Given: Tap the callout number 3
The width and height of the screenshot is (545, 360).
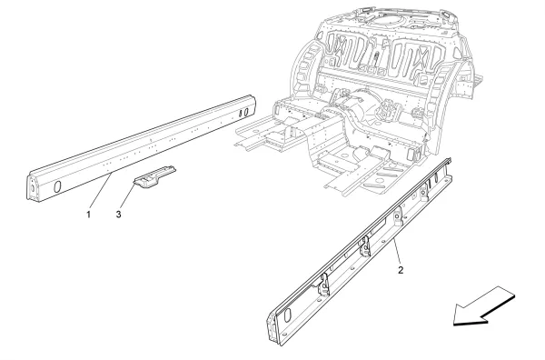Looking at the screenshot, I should [x=119, y=216].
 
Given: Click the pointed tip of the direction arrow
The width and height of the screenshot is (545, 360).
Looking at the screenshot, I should [x=457, y=320].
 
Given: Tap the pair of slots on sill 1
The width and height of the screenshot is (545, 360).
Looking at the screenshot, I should [x=244, y=113].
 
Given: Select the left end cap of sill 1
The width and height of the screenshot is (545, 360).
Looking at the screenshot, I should [x=34, y=187].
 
